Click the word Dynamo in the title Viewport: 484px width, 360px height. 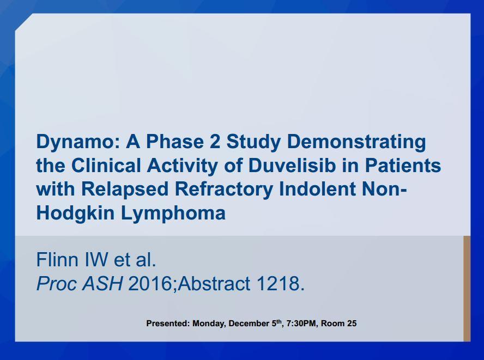78,142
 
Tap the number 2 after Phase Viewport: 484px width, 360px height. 215,141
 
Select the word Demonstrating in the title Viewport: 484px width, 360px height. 356,142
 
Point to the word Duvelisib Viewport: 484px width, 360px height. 292,165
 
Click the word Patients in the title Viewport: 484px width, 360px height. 403,165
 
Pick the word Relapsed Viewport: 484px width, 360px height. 125,190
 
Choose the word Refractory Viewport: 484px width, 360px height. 224,190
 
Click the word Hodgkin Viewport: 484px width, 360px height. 75,213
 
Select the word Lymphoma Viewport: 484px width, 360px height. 173,213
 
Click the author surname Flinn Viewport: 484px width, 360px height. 57,259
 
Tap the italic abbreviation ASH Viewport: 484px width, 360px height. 102,283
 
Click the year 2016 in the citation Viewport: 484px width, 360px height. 150,283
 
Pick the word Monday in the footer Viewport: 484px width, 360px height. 209,324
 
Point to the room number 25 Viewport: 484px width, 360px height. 352,324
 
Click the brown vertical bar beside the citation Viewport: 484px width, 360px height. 467,289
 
